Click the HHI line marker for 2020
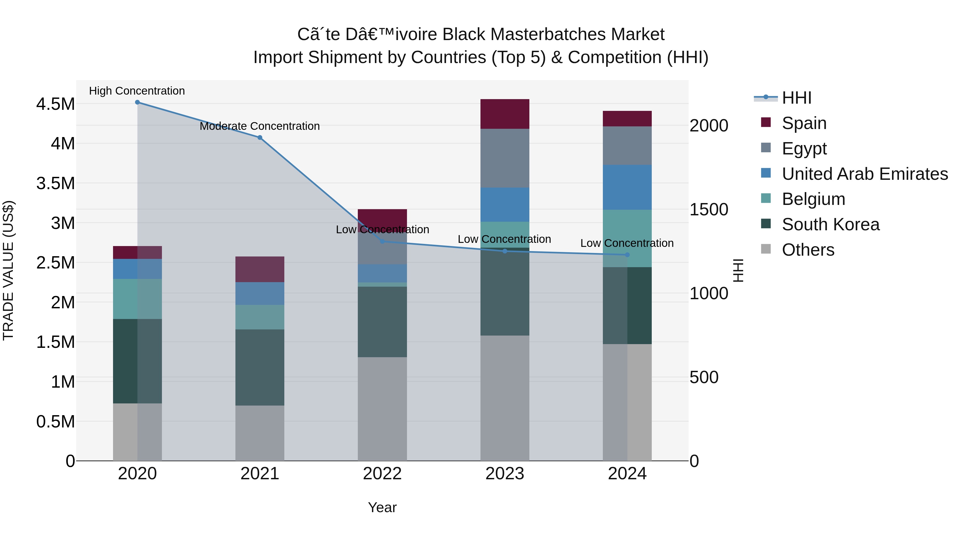[x=137, y=102]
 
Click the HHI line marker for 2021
[x=260, y=137]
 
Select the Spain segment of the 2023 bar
[x=505, y=114]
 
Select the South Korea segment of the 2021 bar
[x=260, y=367]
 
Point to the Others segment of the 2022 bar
[x=382, y=408]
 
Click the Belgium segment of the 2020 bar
[x=137, y=299]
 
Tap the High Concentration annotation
[x=137, y=91]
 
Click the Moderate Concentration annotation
[x=260, y=126]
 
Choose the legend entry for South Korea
[x=831, y=224]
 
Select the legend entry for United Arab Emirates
[x=864, y=174]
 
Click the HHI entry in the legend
[x=796, y=98]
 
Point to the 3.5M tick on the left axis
[x=56, y=183]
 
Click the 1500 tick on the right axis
[x=708, y=209]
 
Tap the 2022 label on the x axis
[x=382, y=474]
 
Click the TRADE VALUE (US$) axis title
[x=8, y=270]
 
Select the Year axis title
[x=382, y=507]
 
